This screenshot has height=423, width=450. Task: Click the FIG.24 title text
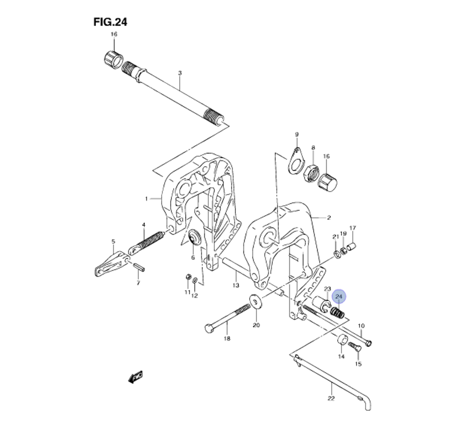(110, 22)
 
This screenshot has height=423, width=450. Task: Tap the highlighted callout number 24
(339, 297)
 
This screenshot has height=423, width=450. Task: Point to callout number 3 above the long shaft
(180, 73)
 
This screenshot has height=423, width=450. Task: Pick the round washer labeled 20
(255, 301)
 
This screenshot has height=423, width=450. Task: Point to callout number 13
(235, 285)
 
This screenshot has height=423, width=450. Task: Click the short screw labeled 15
(352, 347)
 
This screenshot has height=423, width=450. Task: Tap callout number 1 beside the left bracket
(146, 199)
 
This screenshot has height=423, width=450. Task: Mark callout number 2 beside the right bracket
(328, 218)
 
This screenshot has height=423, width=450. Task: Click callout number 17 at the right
(353, 228)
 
